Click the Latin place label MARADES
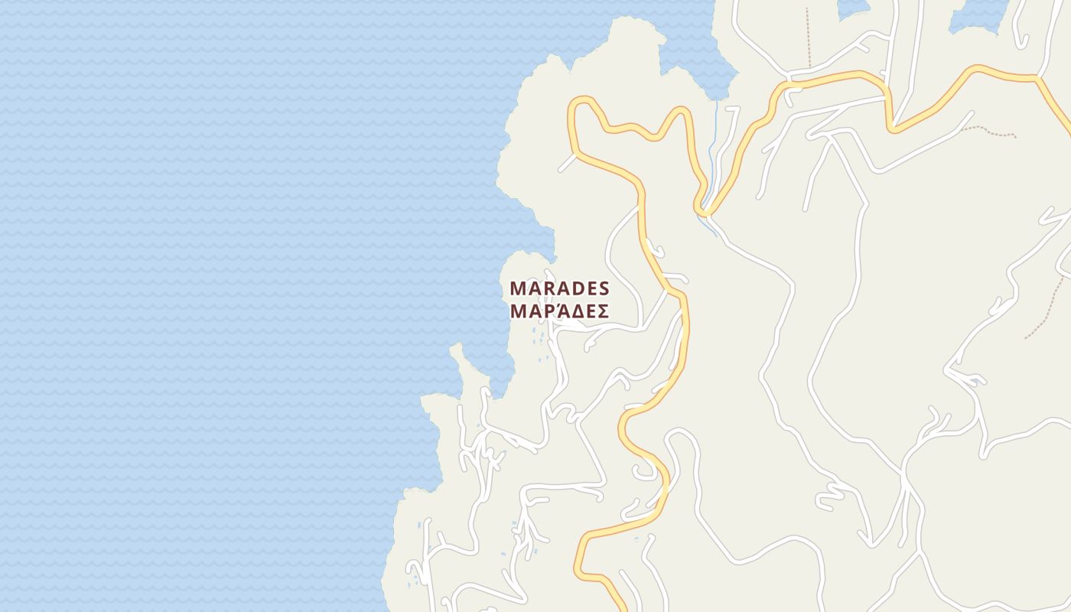pos(559,288)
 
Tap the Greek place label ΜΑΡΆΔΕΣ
pos(559,311)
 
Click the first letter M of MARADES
pos(518,288)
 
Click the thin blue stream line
pos(711,153)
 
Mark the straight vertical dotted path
pos(808,38)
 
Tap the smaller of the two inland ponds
pos(854,8)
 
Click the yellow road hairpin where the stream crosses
pos(703,208)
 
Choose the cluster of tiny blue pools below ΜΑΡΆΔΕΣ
pos(540,340)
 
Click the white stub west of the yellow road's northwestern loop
pos(567,162)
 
